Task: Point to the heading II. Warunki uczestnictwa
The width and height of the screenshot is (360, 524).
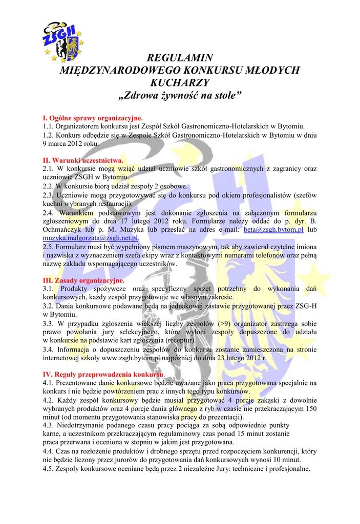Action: pos(83,160)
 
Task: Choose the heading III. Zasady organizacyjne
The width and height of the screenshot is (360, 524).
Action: pos(83,280)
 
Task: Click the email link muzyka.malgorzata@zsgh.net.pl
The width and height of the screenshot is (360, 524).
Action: pos(91,238)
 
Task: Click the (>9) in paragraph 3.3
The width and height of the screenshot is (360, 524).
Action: pos(224,324)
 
